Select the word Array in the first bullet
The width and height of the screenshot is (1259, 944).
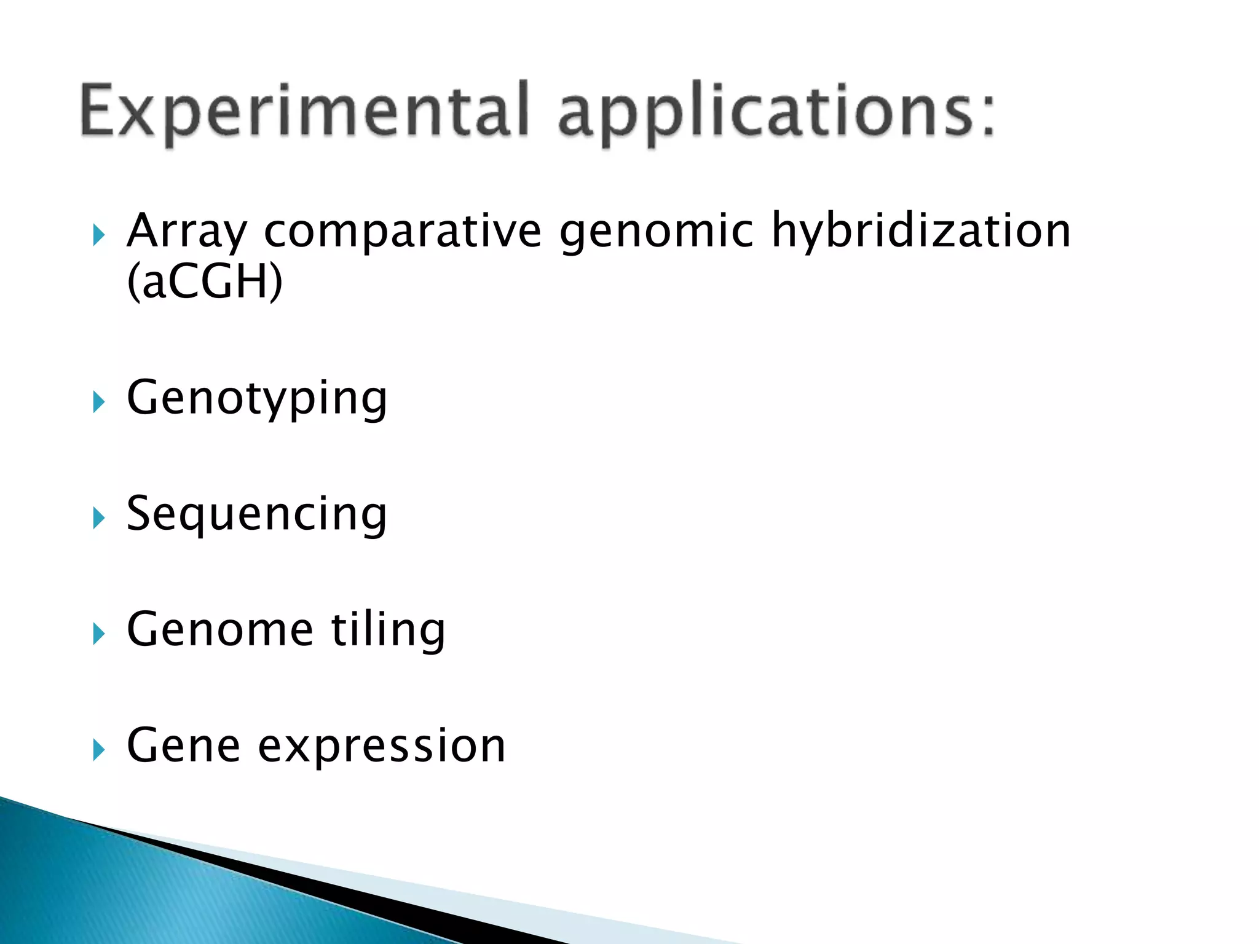(x=186, y=232)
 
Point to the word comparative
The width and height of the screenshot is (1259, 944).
(x=403, y=232)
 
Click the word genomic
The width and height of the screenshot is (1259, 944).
(x=656, y=232)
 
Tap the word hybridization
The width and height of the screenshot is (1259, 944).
(x=921, y=232)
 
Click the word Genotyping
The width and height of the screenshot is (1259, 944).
(x=257, y=399)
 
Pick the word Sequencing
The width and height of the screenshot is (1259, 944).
(x=257, y=515)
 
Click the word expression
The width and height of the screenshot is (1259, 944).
(x=381, y=747)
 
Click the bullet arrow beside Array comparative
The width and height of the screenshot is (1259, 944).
(x=98, y=235)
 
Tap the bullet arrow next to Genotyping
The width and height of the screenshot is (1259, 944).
(x=98, y=403)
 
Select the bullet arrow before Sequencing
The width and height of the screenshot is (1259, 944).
(x=98, y=518)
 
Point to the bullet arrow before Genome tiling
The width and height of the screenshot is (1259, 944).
(x=98, y=634)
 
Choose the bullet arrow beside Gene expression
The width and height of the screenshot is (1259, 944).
(x=98, y=749)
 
